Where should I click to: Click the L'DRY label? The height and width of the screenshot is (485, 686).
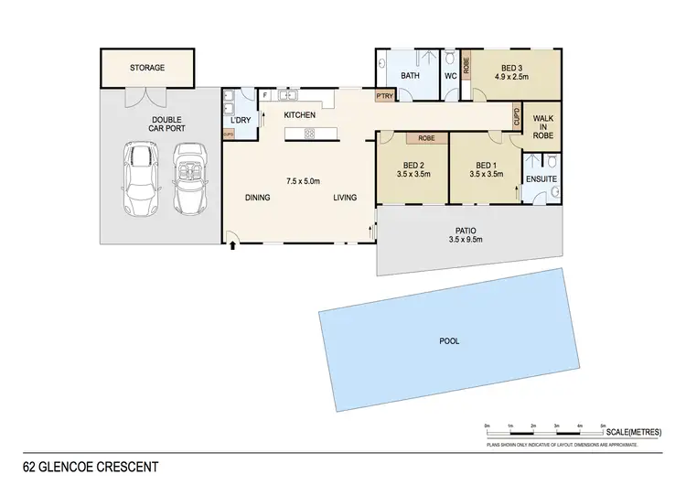[241, 121]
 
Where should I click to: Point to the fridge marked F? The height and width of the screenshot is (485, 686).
[265, 94]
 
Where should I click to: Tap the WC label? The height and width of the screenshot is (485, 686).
[450, 76]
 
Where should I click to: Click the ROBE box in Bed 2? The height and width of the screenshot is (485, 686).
[426, 138]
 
